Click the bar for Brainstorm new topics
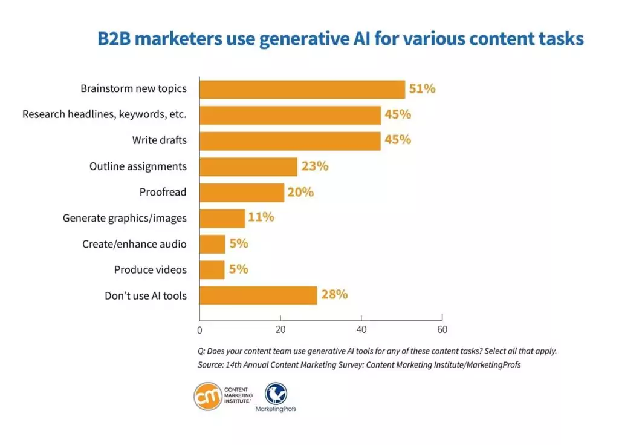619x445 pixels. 302,89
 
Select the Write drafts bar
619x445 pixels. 290,140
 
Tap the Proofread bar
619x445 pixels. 242,193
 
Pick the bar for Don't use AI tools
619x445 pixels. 258,295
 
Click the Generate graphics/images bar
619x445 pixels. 222,218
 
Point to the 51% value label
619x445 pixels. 422,89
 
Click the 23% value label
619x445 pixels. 314,166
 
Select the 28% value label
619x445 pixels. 334,295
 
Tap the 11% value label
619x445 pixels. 261,217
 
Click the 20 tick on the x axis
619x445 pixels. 280,330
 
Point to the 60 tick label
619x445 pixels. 442,330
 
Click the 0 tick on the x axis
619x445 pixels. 199,331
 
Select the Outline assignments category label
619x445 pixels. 138,166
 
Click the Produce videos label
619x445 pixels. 151,270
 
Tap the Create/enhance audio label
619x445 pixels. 134,244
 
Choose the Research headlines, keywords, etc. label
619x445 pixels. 105,114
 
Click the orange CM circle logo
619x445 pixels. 207,397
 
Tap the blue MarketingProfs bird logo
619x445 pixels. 276,394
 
